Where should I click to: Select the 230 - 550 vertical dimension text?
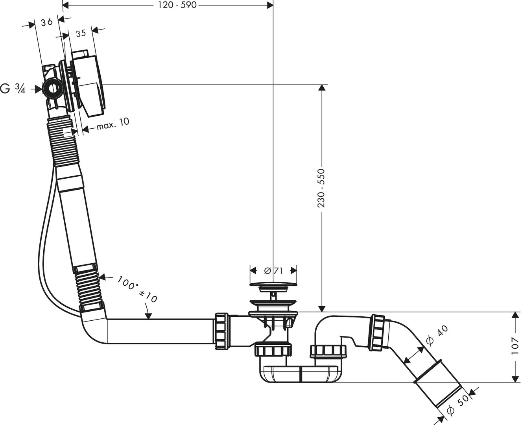pyautogui.click(x=321, y=188)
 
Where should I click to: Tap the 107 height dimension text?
pyautogui.click(x=515, y=346)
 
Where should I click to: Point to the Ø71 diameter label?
pyautogui.click(x=274, y=271)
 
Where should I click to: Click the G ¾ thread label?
pyautogui.click(x=13, y=89)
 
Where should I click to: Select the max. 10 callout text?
pyautogui.click(x=113, y=123)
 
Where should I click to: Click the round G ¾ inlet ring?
pyautogui.click(x=53, y=89)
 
